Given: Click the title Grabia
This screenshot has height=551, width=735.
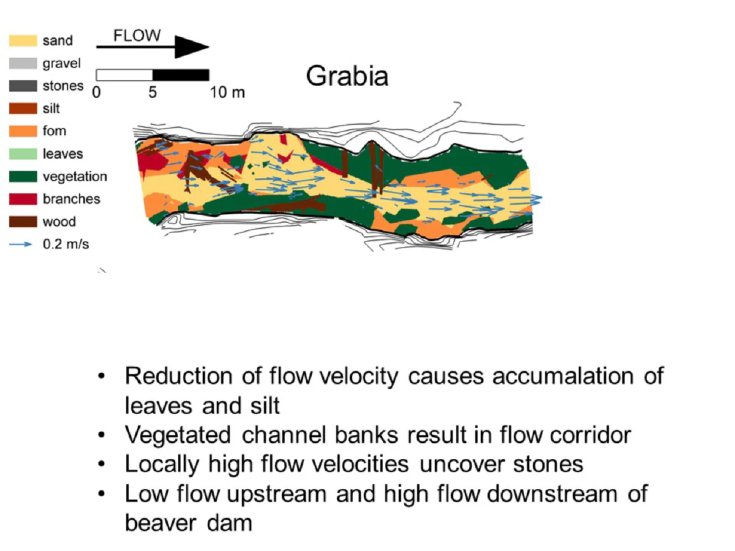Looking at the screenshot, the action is (x=347, y=77).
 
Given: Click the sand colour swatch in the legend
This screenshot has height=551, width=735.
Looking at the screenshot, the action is (x=23, y=40).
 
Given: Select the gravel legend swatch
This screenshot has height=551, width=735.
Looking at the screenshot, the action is (x=23, y=63).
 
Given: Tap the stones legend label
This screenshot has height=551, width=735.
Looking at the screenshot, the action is (x=63, y=86).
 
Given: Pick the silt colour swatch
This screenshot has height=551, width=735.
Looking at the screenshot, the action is (x=23, y=108).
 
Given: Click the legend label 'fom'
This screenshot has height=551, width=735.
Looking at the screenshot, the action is (x=55, y=131).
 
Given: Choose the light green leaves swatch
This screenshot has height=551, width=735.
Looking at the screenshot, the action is (x=23, y=154).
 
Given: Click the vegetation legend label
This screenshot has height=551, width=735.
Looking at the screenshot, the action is (x=75, y=177).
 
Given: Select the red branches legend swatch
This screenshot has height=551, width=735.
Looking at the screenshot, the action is (x=23, y=199).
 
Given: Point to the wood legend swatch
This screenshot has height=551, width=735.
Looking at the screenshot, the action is (x=23, y=222).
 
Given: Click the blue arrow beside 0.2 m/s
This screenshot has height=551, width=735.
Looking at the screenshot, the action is (x=20, y=244).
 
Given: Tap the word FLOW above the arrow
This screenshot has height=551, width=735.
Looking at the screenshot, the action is (x=137, y=36).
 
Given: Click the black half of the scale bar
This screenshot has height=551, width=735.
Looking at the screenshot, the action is (x=181, y=75).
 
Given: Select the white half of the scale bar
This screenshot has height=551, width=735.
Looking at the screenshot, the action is (x=124, y=75).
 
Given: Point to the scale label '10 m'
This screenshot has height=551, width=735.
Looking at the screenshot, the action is (x=227, y=92).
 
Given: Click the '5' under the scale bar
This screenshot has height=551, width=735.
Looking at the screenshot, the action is (x=153, y=92).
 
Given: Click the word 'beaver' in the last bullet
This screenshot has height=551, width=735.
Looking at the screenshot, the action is (x=160, y=523).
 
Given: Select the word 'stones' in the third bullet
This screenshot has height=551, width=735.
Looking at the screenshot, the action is (x=548, y=465).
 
